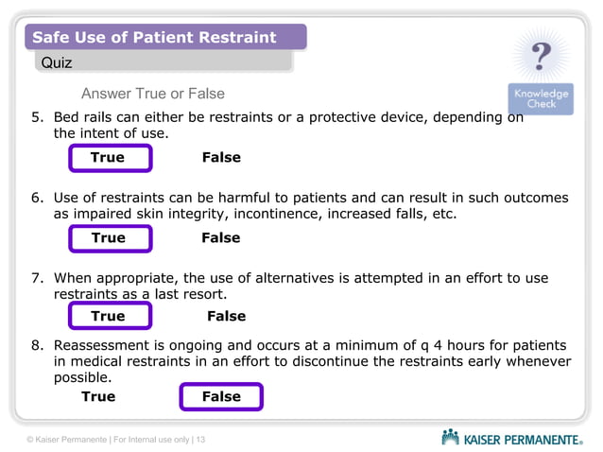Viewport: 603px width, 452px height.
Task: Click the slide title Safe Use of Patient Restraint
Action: tap(154, 38)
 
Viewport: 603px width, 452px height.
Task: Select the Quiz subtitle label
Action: tap(55, 62)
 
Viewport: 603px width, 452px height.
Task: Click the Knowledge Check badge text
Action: tap(541, 98)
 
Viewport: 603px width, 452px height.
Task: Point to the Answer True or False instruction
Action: tap(152, 94)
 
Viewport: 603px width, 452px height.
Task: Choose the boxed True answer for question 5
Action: tap(108, 158)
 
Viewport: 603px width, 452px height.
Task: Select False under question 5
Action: tap(221, 158)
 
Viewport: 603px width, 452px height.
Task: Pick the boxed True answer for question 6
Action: tap(108, 238)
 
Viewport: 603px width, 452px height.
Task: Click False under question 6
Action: tap(220, 238)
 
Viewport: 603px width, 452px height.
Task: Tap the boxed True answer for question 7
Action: tap(108, 317)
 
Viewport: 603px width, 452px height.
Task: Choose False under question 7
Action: tap(226, 317)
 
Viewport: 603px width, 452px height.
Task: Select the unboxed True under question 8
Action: tap(98, 397)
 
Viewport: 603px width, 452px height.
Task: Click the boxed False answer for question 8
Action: tap(221, 397)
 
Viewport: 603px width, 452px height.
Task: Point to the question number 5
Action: tap(37, 118)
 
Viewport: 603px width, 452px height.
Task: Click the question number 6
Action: tap(37, 199)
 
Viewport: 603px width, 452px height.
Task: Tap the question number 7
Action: tap(37, 278)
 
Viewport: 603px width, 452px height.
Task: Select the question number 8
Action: tap(37, 344)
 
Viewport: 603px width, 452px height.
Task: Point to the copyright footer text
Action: tap(115, 440)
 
